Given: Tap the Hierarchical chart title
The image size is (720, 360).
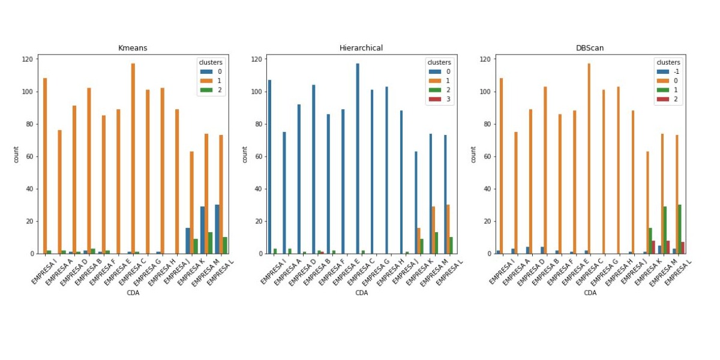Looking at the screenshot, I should (361, 48).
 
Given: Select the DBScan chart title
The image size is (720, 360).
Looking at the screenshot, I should (590, 48).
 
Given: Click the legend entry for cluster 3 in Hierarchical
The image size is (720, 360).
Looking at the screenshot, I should (441, 100).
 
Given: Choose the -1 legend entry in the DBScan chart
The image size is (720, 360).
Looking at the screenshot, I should (670, 71).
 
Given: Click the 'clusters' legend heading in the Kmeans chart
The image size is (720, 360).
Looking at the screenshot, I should (211, 62).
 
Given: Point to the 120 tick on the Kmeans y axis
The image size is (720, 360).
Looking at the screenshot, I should (27, 59).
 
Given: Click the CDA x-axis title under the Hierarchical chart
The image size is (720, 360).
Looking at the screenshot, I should (361, 293).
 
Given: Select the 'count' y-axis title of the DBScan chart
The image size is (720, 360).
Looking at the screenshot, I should (474, 154).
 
